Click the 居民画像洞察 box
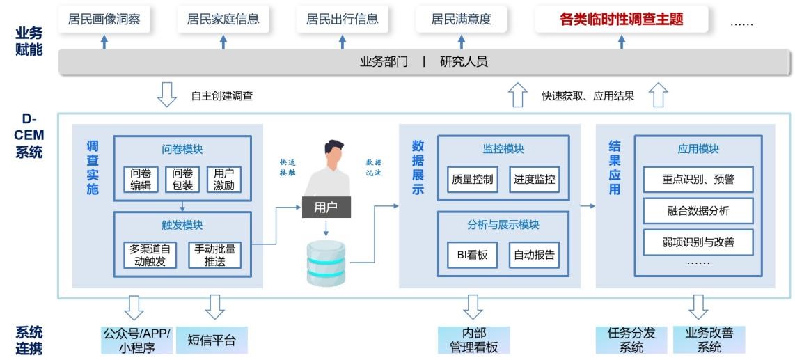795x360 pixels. (x=104, y=19)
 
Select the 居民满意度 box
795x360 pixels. (x=461, y=19)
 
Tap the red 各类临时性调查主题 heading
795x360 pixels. (x=621, y=19)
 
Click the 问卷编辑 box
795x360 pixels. (x=141, y=179)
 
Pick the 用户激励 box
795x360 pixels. (x=223, y=179)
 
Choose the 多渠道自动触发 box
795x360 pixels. (x=150, y=255)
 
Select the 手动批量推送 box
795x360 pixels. (x=214, y=255)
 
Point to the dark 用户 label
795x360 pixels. (x=326, y=207)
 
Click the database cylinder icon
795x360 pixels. (x=326, y=263)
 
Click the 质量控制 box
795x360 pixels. (x=472, y=179)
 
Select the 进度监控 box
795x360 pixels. (x=535, y=179)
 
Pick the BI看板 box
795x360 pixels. (x=472, y=255)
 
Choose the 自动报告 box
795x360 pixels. (x=535, y=255)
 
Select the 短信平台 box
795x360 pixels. (x=212, y=341)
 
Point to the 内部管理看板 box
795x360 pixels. (x=474, y=341)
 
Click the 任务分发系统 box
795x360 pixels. (x=631, y=341)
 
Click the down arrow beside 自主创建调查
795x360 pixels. (x=167, y=95)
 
